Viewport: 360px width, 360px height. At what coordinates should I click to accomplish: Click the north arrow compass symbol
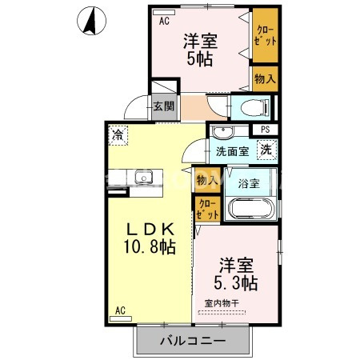coord(94,20)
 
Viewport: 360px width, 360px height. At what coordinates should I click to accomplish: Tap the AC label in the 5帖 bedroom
coord(164,22)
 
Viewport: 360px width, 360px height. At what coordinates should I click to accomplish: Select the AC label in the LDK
coord(120,310)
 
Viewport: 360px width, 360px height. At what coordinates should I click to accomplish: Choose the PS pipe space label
coord(265,130)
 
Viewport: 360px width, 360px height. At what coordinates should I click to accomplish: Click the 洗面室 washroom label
coord(231,150)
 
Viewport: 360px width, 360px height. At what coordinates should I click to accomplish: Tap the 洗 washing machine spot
coord(265,148)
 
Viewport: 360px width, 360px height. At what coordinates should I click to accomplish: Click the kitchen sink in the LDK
coord(144,178)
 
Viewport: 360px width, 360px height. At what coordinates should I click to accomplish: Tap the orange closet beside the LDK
coord(206,209)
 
